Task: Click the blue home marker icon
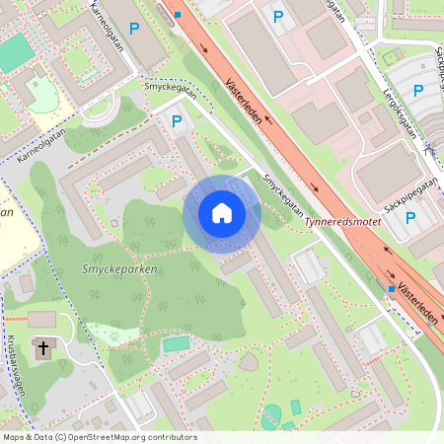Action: pos(222,214)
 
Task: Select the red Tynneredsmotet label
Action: pos(342,222)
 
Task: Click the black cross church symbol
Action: pos(42,348)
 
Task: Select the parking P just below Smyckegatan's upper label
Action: pos(178,121)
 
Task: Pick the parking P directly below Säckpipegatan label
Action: pos(410,218)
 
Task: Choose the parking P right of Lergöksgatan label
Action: pos(417,91)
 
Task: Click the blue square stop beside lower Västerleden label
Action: pos(392,289)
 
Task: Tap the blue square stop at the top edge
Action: pos(178,15)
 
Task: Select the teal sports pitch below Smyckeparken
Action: pos(176,343)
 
